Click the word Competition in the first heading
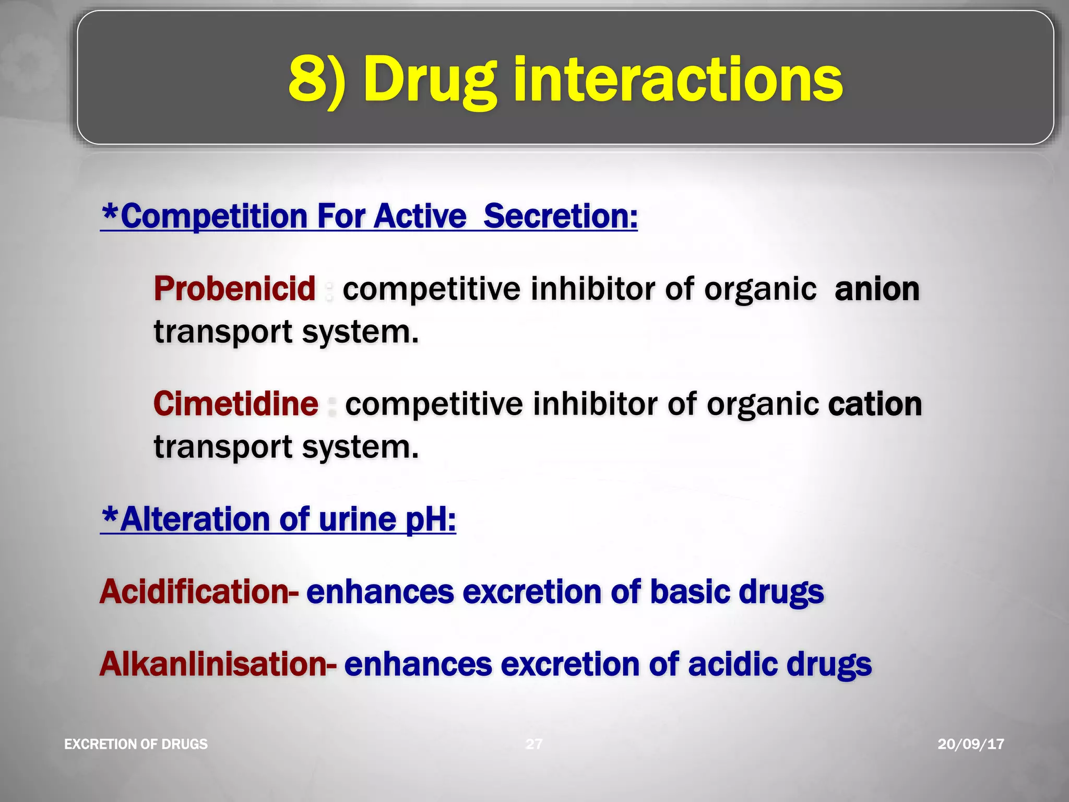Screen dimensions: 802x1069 [x=214, y=216]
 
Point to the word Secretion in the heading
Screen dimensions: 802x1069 [x=560, y=216]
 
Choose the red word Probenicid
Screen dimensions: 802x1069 [x=235, y=288]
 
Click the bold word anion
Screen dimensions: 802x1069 [x=877, y=289]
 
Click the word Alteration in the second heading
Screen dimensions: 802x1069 [x=195, y=519]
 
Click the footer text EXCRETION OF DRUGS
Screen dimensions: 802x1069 [x=136, y=744]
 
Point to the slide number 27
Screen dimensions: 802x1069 [x=533, y=744]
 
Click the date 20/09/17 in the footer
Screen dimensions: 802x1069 [x=970, y=744]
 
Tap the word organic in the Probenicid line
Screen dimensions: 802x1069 [x=760, y=289]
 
